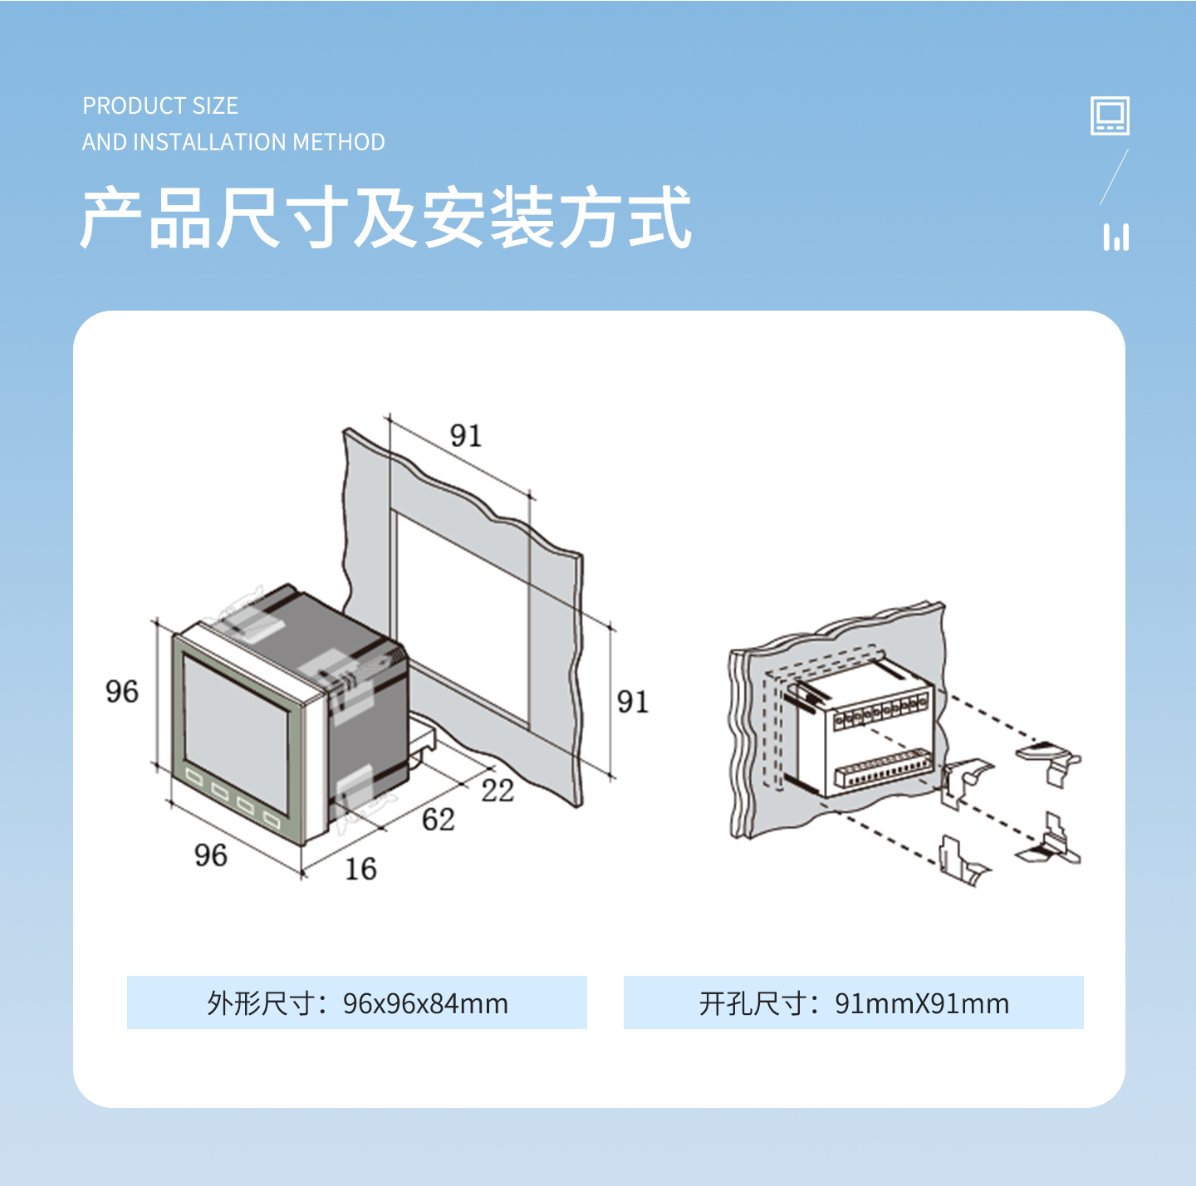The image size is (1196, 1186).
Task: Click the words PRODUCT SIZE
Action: tap(160, 105)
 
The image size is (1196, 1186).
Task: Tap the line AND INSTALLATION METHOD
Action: tap(233, 141)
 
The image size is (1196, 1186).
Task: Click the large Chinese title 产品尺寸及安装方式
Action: tap(385, 217)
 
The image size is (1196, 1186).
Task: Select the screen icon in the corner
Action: tap(1110, 115)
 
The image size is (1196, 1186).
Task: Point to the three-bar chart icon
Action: tap(1116, 238)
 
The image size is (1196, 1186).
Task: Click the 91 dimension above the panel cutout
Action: tap(465, 435)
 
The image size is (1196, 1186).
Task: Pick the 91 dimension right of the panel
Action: tap(632, 702)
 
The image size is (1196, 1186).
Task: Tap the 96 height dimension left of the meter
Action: tap(121, 692)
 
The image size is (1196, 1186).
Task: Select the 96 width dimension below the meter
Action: tap(210, 855)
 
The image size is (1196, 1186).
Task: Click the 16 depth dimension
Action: tap(360, 869)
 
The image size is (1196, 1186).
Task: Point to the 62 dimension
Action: tap(439, 820)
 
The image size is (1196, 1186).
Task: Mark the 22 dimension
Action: tap(498, 791)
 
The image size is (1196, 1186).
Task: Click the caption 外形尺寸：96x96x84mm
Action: tap(357, 1003)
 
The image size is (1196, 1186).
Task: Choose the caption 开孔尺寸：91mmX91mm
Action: tap(854, 1003)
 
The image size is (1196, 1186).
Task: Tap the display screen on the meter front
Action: tap(237, 732)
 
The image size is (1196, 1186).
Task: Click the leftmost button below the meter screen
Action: tap(194, 777)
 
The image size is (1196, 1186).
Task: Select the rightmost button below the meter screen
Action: tap(272, 821)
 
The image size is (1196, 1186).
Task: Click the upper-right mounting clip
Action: tap(1049, 762)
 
